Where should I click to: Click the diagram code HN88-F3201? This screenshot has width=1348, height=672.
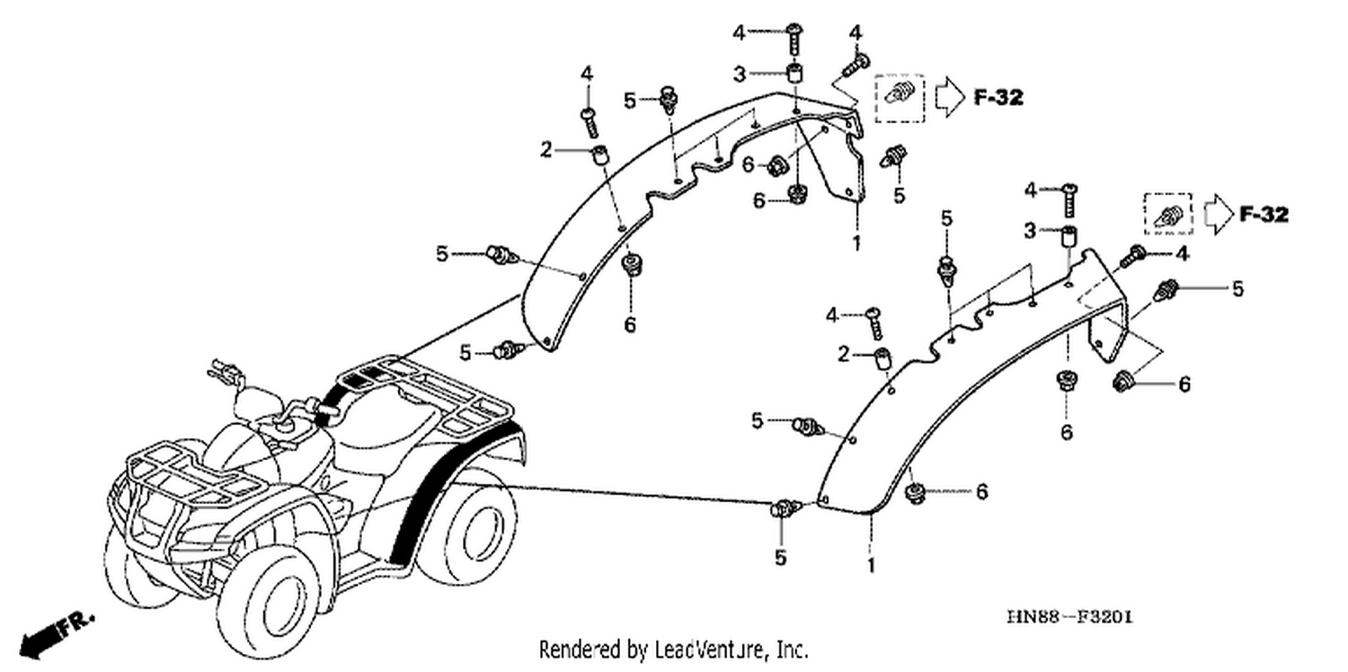click(x=1070, y=617)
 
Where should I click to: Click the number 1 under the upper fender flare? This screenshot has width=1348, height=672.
click(x=856, y=243)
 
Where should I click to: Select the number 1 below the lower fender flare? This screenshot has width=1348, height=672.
click(x=870, y=565)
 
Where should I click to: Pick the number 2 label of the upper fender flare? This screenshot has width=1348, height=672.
click(x=545, y=149)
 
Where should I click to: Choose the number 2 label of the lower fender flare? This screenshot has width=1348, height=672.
click(x=844, y=354)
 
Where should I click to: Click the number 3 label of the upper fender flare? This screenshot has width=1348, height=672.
click(x=740, y=75)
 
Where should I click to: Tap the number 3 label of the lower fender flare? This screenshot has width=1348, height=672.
click(x=1030, y=230)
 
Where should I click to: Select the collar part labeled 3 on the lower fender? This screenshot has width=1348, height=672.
click(x=1069, y=236)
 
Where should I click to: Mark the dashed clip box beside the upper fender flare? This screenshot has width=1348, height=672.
click(x=899, y=98)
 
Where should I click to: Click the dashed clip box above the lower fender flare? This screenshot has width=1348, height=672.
click(x=1168, y=215)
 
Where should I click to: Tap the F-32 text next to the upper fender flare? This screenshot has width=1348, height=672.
click(x=998, y=97)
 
